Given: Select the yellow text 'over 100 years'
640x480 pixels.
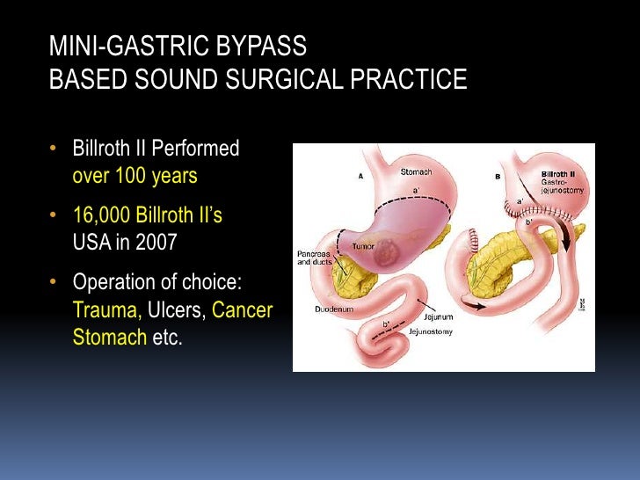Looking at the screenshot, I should [x=135, y=176].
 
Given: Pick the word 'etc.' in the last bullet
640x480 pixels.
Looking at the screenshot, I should [x=167, y=338].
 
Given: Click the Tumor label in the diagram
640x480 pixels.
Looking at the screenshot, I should [x=363, y=247].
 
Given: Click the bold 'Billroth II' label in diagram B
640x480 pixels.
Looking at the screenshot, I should [x=558, y=174].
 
